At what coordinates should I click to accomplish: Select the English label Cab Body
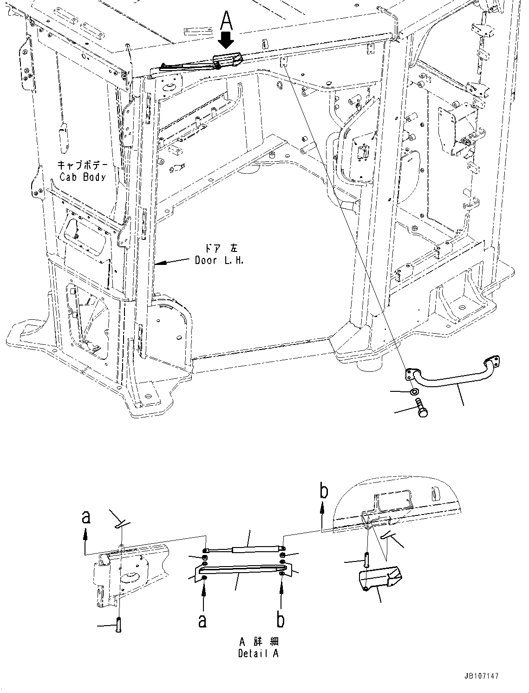[83, 177]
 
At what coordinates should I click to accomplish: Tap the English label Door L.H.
[219, 261]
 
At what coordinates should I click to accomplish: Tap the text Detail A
[259, 653]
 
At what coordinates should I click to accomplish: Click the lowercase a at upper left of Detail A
[85, 517]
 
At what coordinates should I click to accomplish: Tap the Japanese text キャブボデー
[82, 165]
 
